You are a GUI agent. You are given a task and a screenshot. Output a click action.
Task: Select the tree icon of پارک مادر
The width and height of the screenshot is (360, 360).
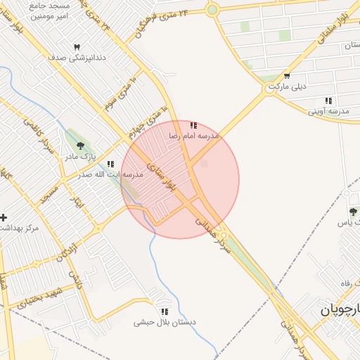pos(81,146)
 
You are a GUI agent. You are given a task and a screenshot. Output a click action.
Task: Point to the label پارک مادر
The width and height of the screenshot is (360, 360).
pos(81,157)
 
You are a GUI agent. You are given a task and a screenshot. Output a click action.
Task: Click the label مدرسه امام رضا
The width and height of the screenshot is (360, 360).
pos(194,134)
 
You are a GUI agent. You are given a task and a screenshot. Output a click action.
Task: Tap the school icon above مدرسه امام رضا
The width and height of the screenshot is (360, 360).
pos(193,124)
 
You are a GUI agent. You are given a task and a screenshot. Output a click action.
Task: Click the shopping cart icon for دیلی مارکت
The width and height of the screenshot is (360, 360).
pos(287,76)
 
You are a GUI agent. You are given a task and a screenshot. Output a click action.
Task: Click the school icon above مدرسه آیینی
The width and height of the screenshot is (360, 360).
pos(328,101)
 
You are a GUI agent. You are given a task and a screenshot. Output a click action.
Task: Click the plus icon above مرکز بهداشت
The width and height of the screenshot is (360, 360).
pos(4,217)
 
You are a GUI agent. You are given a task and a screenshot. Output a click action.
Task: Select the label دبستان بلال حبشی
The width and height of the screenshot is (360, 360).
pos(164,323)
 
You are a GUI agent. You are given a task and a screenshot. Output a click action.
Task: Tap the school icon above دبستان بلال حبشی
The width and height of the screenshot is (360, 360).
pos(165,311)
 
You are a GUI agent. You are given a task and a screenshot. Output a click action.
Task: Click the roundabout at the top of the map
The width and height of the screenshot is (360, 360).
pos(212,9)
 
